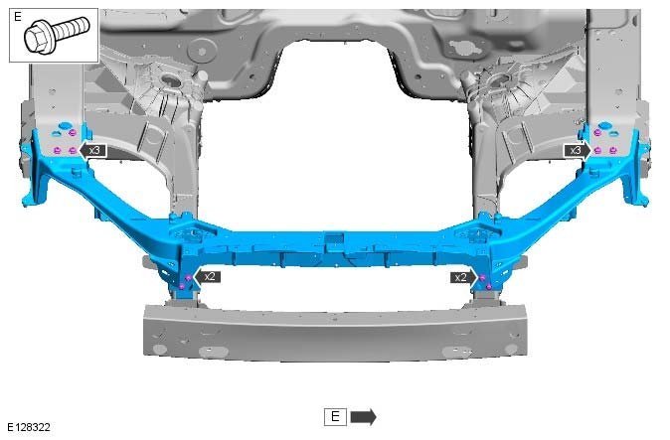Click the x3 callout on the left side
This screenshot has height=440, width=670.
coord(93,150)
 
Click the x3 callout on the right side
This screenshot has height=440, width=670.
coord(578,150)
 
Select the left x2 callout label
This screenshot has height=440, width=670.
coord(208,276)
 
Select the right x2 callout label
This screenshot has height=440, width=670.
coord(463,277)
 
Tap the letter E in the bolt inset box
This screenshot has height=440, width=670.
coord(18,17)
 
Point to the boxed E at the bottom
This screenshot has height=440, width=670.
coord(335,416)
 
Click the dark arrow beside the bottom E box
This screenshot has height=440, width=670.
coord(363,416)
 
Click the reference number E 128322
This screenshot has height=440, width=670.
coord(29,427)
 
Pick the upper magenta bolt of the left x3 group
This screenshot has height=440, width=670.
coord(73,133)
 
